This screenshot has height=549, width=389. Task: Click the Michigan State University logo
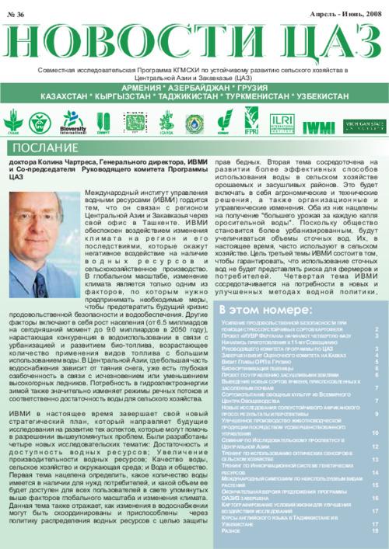(363, 124)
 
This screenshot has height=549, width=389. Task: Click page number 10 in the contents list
(374, 433)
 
